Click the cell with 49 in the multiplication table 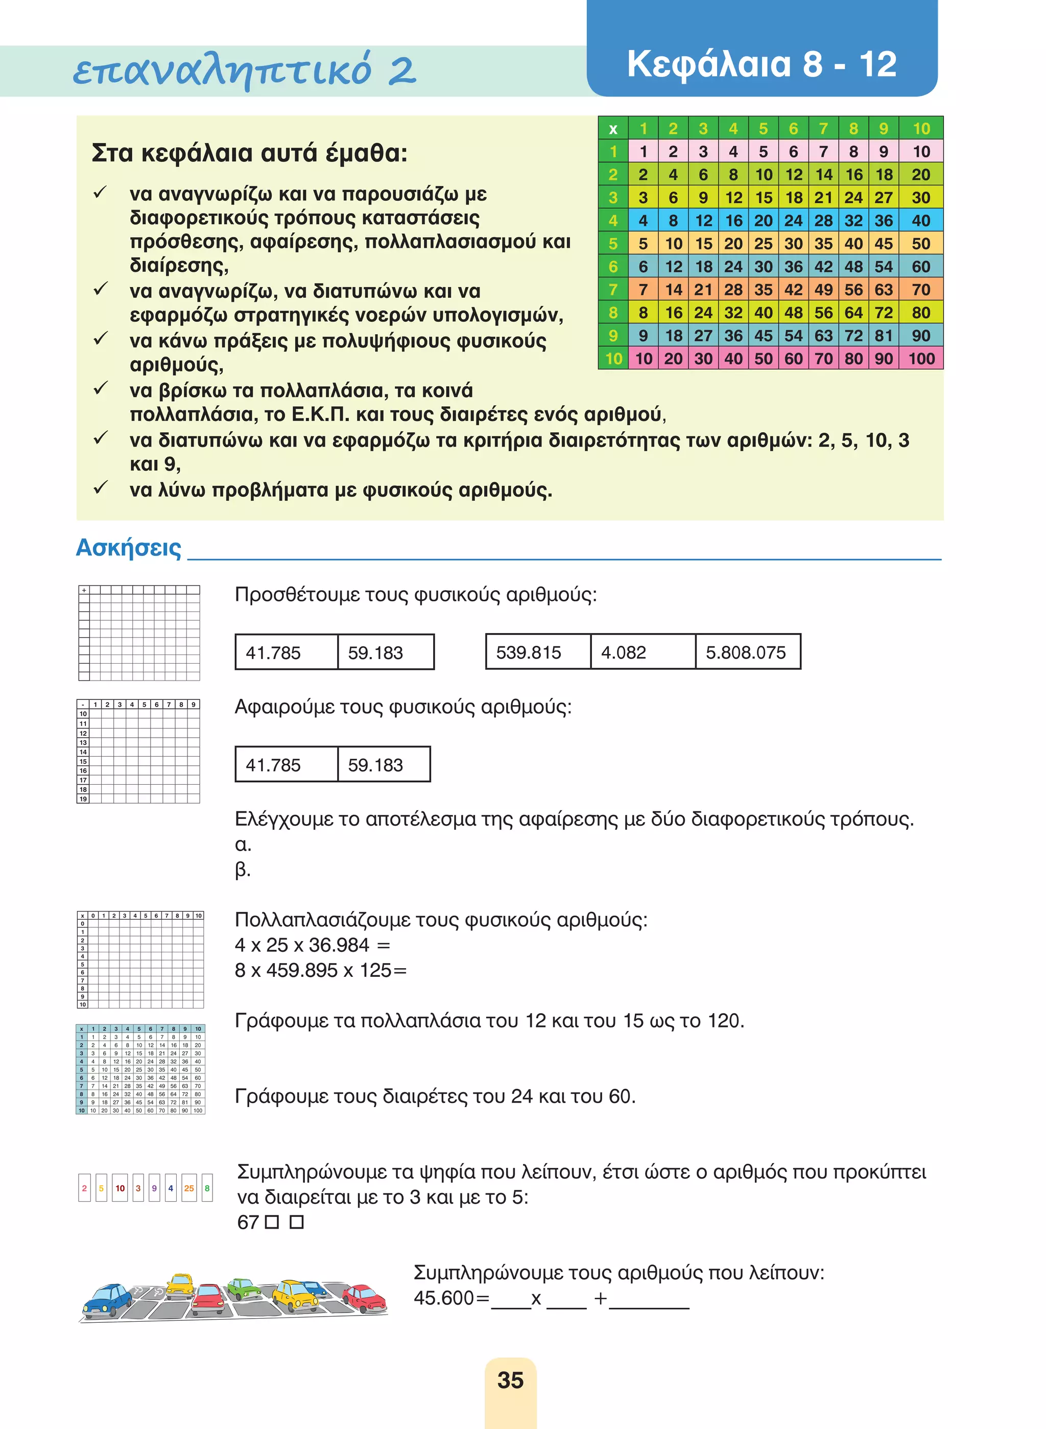click(x=823, y=290)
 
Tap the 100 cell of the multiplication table click(x=921, y=359)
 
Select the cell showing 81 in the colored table click(x=883, y=336)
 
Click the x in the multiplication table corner click(x=612, y=129)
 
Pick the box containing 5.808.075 click(x=747, y=652)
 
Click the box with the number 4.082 click(x=642, y=652)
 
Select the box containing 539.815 click(x=538, y=652)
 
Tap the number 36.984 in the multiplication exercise click(x=339, y=945)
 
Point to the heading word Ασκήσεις click(x=129, y=547)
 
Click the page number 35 click(x=510, y=1379)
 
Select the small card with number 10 click(x=121, y=1188)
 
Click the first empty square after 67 click(x=272, y=1223)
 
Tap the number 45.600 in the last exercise click(x=443, y=1298)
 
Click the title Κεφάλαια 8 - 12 click(x=762, y=64)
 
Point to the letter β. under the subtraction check click(x=242, y=870)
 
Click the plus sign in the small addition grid click(x=84, y=590)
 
